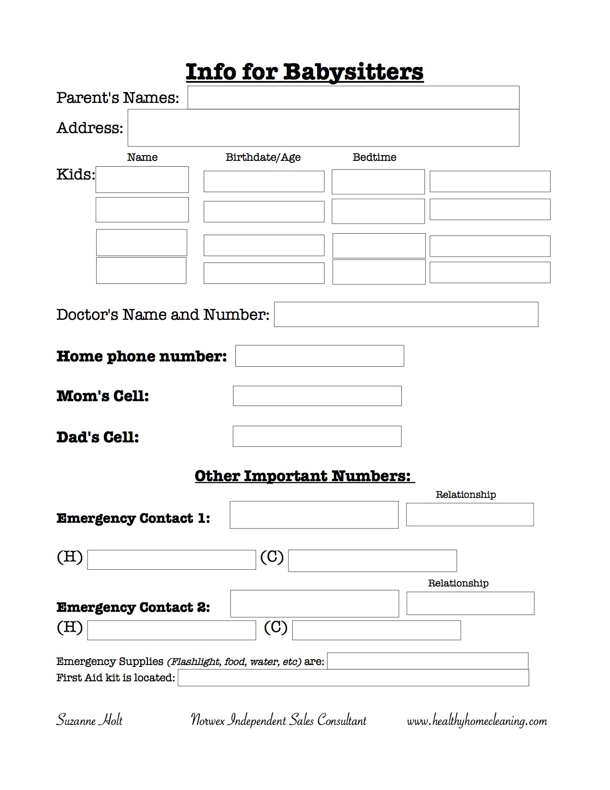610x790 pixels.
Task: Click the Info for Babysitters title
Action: pyautogui.click(x=304, y=72)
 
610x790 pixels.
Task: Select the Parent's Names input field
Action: pyautogui.click(x=353, y=98)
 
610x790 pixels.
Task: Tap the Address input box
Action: pyautogui.click(x=323, y=128)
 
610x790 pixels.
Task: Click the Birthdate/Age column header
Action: pyautogui.click(x=263, y=157)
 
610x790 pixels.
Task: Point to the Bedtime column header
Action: pyautogui.click(x=374, y=157)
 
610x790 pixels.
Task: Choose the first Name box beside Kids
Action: pyautogui.click(x=142, y=180)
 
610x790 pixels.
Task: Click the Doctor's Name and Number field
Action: pyautogui.click(x=406, y=315)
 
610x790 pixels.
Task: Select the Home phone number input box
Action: pyautogui.click(x=320, y=356)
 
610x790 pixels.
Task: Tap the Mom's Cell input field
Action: pyautogui.click(x=317, y=396)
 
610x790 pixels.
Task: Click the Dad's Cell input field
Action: pyautogui.click(x=317, y=436)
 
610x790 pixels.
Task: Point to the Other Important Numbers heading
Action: pyautogui.click(x=304, y=476)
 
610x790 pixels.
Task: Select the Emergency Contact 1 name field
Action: pyautogui.click(x=314, y=515)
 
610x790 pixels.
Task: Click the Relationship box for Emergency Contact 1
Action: pyautogui.click(x=470, y=514)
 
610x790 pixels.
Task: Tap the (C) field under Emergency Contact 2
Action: pyautogui.click(x=376, y=630)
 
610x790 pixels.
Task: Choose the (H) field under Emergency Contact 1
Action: pyautogui.click(x=171, y=560)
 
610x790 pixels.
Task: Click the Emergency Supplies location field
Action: pyautogui.click(x=428, y=661)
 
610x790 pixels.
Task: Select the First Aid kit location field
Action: pyautogui.click(x=353, y=677)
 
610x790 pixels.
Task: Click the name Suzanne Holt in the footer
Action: pyautogui.click(x=89, y=720)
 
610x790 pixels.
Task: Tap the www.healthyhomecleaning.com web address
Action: pyautogui.click(x=477, y=721)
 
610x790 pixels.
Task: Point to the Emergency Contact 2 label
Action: pyautogui.click(x=133, y=607)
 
